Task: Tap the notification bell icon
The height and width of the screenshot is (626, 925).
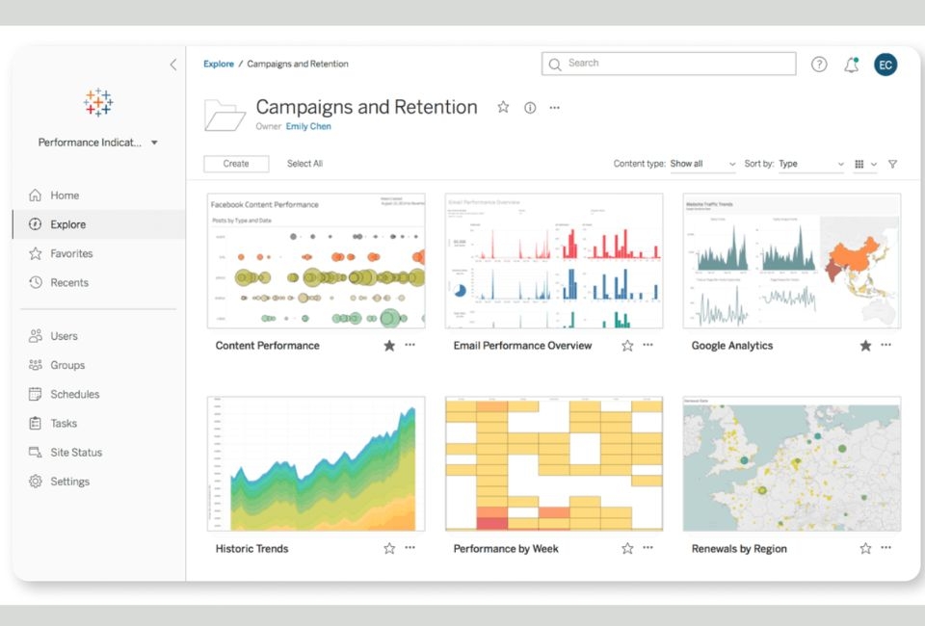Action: click(851, 65)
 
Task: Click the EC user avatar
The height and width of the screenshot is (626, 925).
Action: click(885, 65)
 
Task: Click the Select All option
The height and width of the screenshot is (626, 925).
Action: click(304, 164)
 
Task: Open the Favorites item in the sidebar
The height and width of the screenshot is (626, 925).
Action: click(71, 253)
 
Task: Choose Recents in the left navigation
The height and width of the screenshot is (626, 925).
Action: click(69, 282)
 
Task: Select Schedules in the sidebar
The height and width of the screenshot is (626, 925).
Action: click(74, 394)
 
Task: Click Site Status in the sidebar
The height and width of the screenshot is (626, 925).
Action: click(76, 452)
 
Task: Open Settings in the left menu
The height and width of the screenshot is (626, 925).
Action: click(69, 482)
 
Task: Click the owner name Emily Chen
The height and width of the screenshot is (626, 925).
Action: click(308, 126)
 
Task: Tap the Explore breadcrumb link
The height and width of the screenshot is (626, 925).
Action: click(219, 64)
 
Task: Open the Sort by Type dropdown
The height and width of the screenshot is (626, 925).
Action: click(810, 164)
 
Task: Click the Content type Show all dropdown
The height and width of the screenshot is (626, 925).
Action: click(702, 164)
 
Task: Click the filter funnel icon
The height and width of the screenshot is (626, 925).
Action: click(892, 164)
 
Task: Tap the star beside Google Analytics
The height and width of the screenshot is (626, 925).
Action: click(865, 345)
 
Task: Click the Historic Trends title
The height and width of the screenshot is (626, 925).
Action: click(251, 548)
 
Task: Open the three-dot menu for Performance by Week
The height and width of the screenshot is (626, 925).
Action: click(647, 548)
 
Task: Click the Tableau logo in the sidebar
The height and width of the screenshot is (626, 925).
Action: click(98, 102)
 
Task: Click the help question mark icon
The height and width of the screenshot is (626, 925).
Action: click(819, 65)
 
